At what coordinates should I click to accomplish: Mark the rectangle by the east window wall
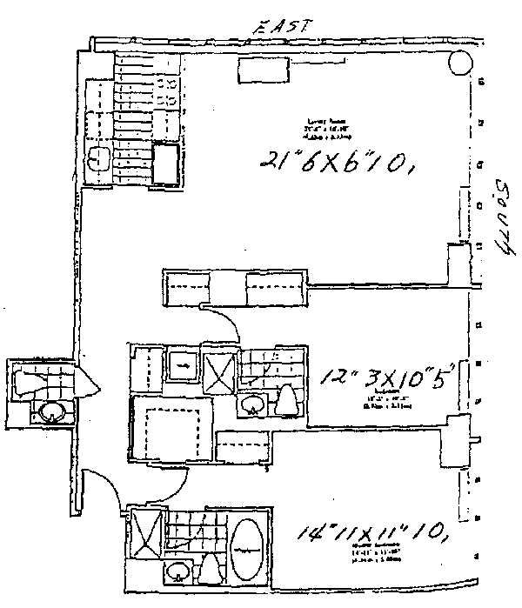pyautogui.click(x=266, y=72)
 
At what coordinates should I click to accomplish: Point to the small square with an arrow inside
pyautogui.click(x=181, y=366)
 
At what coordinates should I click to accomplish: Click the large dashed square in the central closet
pyautogui.click(x=170, y=427)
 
